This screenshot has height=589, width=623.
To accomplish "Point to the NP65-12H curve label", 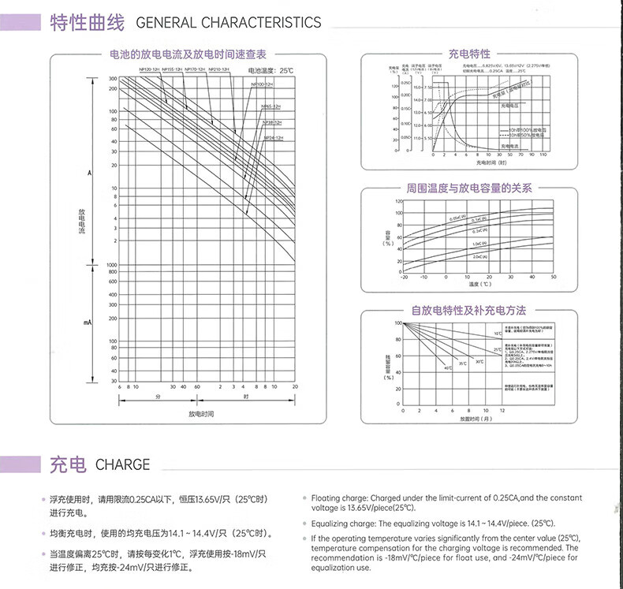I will point(272,105).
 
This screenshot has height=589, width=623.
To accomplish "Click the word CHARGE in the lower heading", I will point(122,464).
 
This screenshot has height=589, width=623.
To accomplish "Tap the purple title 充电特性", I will point(469,54).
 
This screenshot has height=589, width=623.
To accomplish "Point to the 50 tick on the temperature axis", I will point(554,278).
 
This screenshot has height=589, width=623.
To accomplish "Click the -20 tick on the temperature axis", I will point(405,278).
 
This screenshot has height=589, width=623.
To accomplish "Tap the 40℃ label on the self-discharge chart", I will point(447,368).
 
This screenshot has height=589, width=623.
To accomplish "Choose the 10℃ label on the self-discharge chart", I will point(497,334).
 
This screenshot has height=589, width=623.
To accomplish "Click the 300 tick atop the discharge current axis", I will point(113,79).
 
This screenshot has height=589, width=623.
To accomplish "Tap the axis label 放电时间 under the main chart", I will point(202,413).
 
